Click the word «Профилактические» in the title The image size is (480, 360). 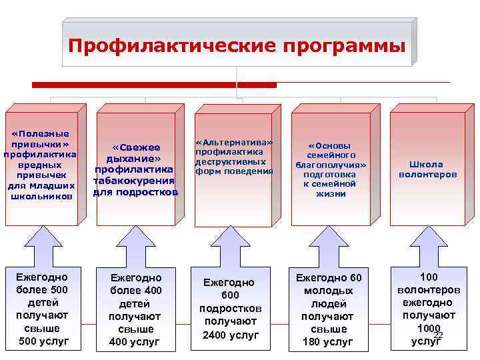tap(172, 47)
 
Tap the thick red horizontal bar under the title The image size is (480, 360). tap(154, 85)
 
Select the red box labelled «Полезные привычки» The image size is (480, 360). tap(41, 167)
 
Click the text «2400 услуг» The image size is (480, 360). tap(230, 335)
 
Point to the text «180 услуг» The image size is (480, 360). tap(328, 342)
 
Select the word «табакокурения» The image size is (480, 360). tap(135, 180)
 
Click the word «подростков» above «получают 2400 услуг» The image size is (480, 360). tap(230, 309)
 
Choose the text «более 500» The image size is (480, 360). tap(42, 289)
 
